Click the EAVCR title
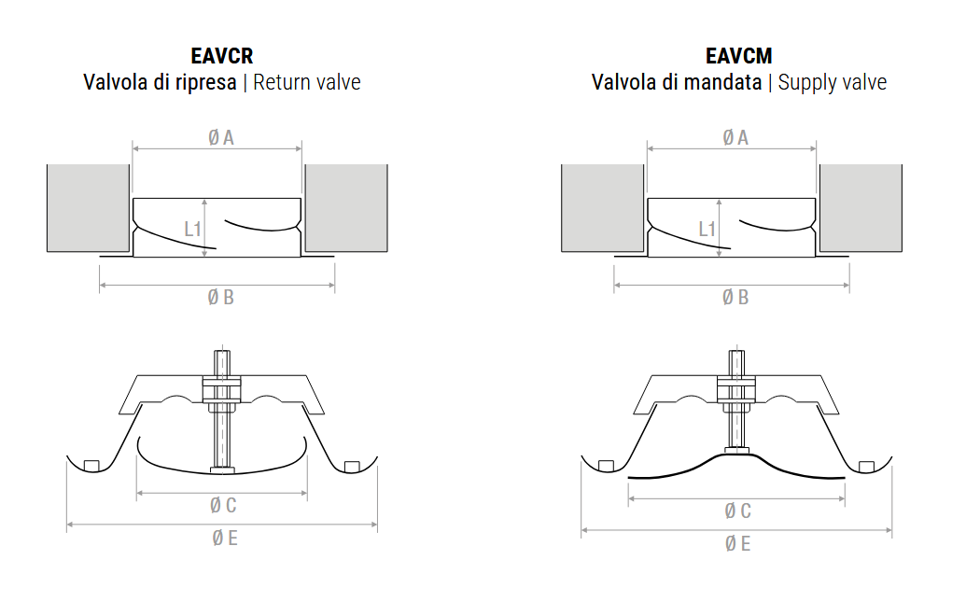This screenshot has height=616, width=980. point(222,56)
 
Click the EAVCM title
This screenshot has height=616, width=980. point(739,56)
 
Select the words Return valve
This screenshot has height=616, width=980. point(307,82)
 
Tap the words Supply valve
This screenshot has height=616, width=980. point(833,83)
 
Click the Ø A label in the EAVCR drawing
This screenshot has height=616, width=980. point(220,137)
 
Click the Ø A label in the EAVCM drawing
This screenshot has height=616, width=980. point(735,137)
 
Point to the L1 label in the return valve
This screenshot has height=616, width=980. point(192,230)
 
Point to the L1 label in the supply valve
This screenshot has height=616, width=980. point(707,230)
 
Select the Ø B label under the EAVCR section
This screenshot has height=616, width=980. point(220,298)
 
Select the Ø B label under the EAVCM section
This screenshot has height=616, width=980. point(735,298)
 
